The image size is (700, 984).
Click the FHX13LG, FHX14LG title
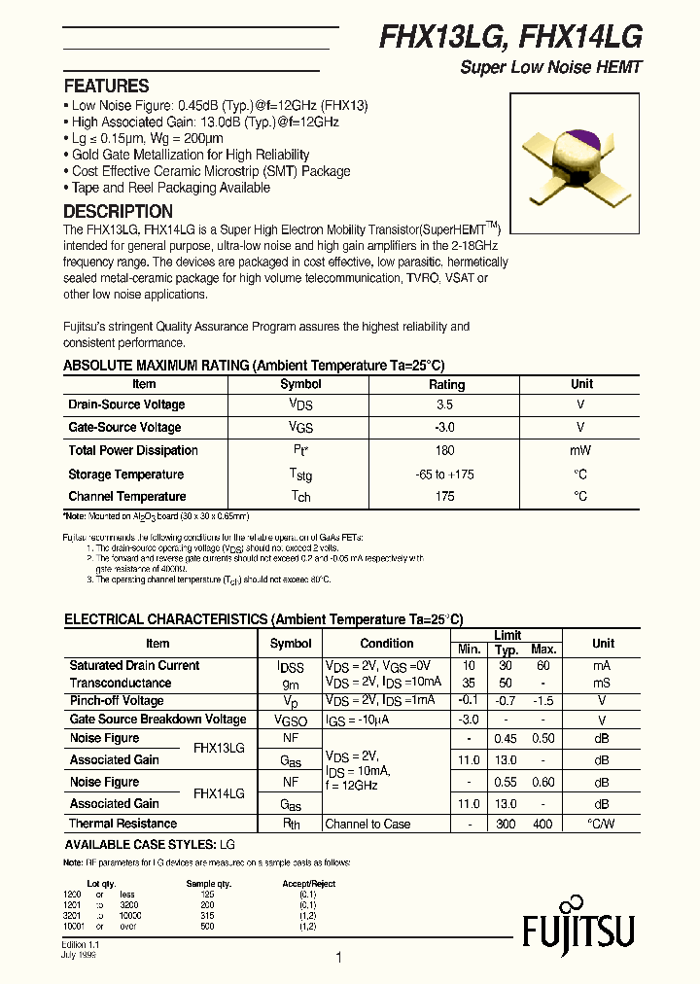tap(509, 38)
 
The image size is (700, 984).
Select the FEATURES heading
tap(106, 86)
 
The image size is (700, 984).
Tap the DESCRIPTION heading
tap(118, 212)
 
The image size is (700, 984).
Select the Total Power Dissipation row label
tap(133, 451)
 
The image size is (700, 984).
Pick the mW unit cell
tap(581, 451)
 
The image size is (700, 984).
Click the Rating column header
tap(446, 384)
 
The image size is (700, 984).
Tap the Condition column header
tap(386, 644)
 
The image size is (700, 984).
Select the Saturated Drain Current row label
tap(134, 666)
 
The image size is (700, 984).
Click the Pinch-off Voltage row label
tap(117, 701)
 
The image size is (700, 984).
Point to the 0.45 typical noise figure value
tap(507, 739)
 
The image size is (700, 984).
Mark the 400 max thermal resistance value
tap(542, 825)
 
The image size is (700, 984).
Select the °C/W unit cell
tap(603, 825)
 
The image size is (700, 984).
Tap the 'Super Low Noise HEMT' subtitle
tap(550, 69)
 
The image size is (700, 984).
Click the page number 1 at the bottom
tap(338, 958)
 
